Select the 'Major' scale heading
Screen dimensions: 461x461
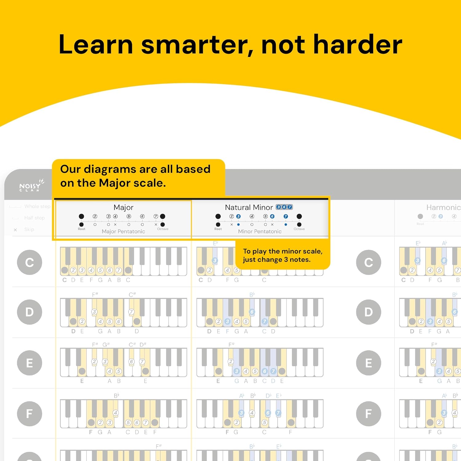click(x=123, y=207)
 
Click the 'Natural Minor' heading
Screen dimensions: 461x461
click(x=249, y=207)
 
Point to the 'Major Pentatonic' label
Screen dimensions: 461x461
click(x=123, y=231)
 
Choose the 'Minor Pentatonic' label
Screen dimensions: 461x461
click(x=260, y=231)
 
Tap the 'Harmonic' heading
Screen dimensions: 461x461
click(x=443, y=207)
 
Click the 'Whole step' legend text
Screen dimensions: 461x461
click(x=37, y=207)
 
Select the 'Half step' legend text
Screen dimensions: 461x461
click(x=34, y=218)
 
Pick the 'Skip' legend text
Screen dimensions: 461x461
click(x=29, y=230)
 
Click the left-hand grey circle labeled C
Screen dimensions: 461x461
click(x=30, y=262)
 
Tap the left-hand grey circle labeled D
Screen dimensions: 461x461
click(x=30, y=312)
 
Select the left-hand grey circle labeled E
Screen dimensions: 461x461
click(x=30, y=363)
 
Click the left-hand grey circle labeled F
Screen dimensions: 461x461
click(x=30, y=414)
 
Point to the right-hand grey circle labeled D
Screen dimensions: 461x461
click(x=368, y=312)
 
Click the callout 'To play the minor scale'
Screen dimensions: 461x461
click(x=282, y=255)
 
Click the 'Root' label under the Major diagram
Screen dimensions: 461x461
click(x=81, y=229)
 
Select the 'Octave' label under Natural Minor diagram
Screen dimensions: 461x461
click(x=299, y=229)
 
